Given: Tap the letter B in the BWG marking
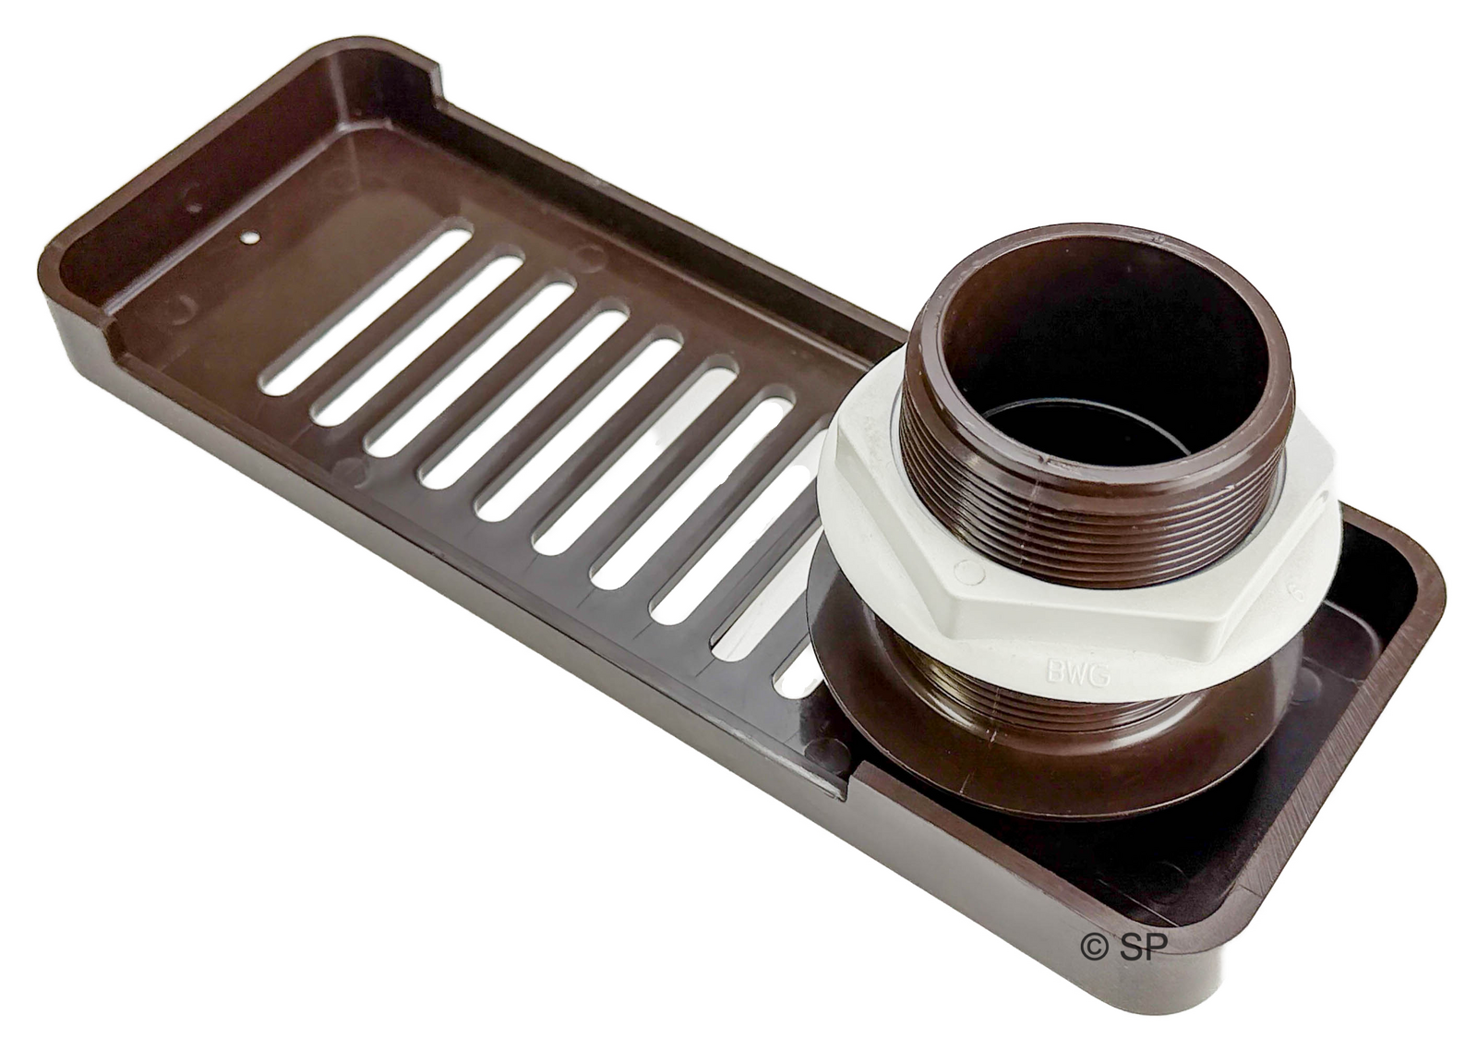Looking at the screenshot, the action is coord(1057,669).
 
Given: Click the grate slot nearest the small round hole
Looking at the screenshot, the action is coord(366,309).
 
